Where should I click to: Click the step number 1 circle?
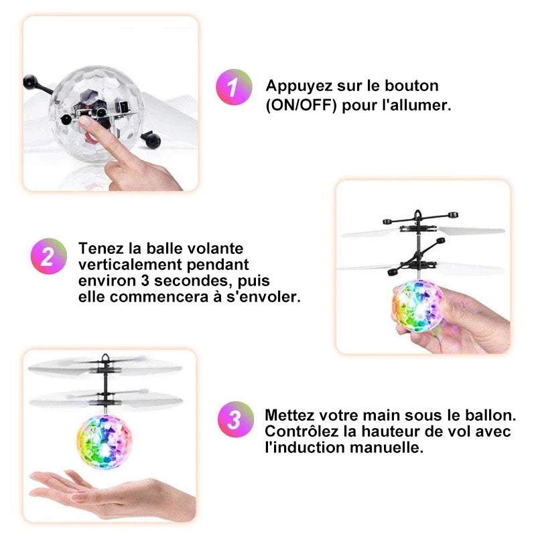point(234,87)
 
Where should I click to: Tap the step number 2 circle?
point(49,257)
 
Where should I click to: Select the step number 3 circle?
point(235,420)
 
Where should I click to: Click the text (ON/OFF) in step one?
point(301,106)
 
